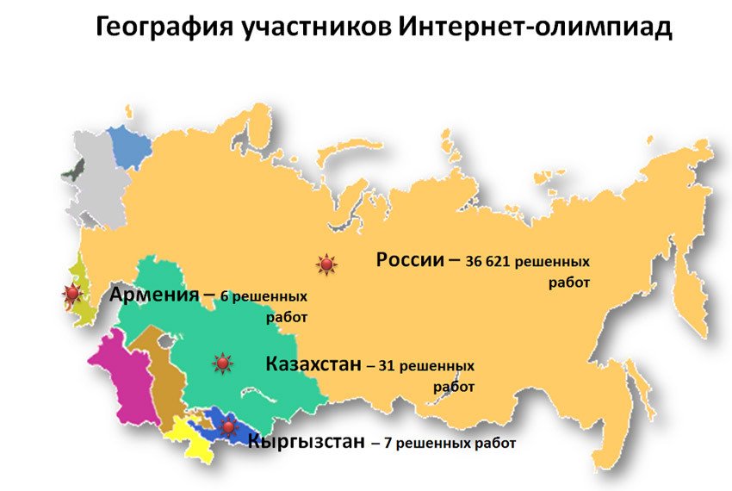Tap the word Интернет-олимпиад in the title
[535, 28]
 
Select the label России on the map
[409, 259]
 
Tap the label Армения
[154, 294]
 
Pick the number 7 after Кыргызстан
[388, 444]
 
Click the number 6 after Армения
[225, 296]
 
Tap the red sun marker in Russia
[326, 264]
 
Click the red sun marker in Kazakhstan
[222, 364]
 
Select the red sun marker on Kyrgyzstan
[228, 426]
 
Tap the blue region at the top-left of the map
[129, 146]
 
